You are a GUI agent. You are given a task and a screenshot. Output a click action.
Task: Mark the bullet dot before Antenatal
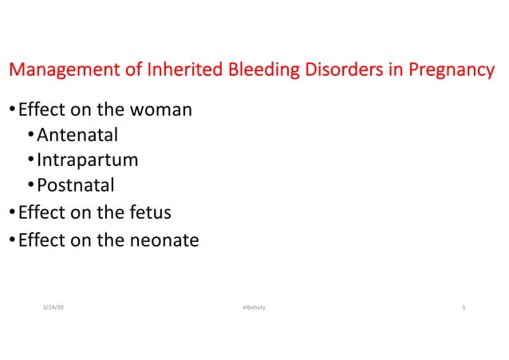click(30, 135)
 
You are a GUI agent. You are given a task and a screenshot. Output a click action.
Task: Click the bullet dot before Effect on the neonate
click(11, 239)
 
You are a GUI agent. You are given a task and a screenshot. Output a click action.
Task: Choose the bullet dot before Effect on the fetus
click(11, 213)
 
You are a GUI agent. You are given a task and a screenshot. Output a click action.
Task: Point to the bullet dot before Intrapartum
click(30, 160)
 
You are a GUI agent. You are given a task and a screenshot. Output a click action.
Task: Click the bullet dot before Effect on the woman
click(11, 109)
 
